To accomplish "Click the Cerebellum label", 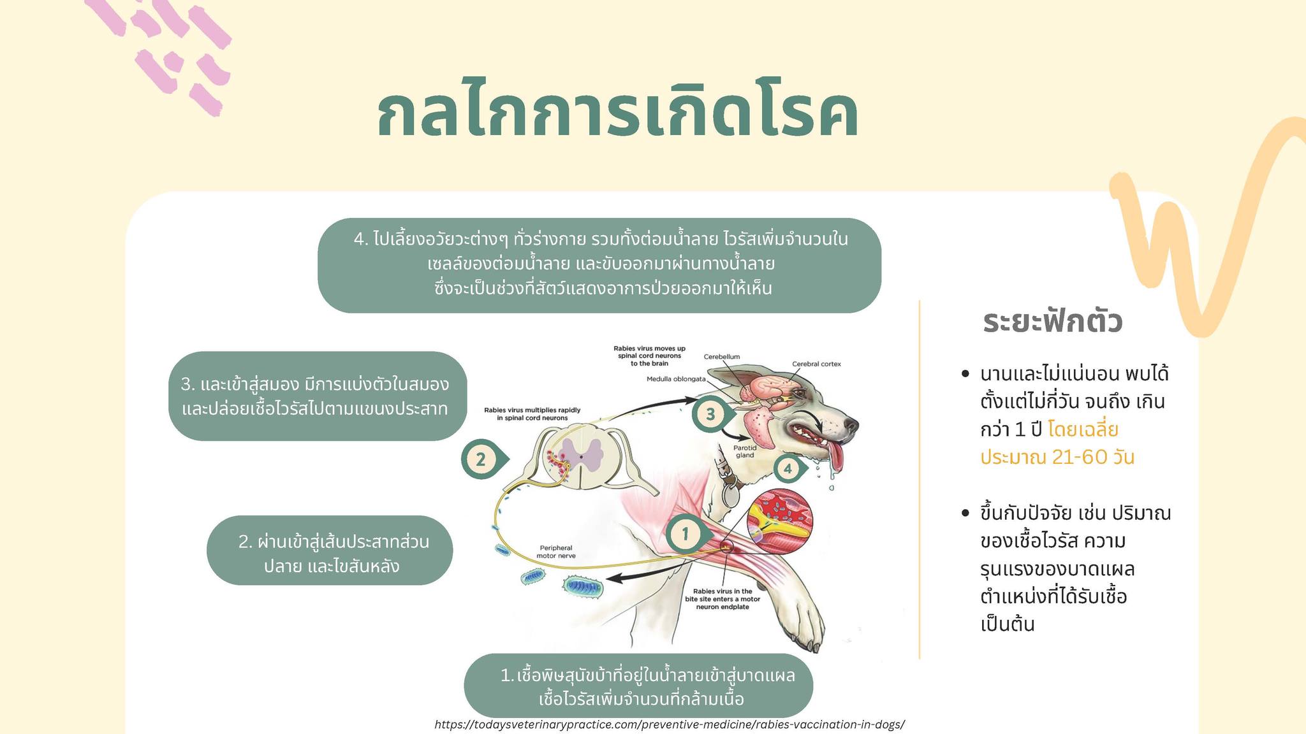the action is pyautogui.click(x=722, y=357).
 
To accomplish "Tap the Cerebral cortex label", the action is pyautogui.click(x=816, y=364).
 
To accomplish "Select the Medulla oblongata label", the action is pyautogui.click(x=676, y=378).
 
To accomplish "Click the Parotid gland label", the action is pyautogui.click(x=744, y=451).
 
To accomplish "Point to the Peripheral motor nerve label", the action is pyautogui.click(x=556, y=552).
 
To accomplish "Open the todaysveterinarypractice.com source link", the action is pyautogui.click(x=670, y=724).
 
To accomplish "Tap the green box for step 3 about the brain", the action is pyautogui.click(x=318, y=396).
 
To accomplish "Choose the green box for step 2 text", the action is pyautogui.click(x=330, y=550).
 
